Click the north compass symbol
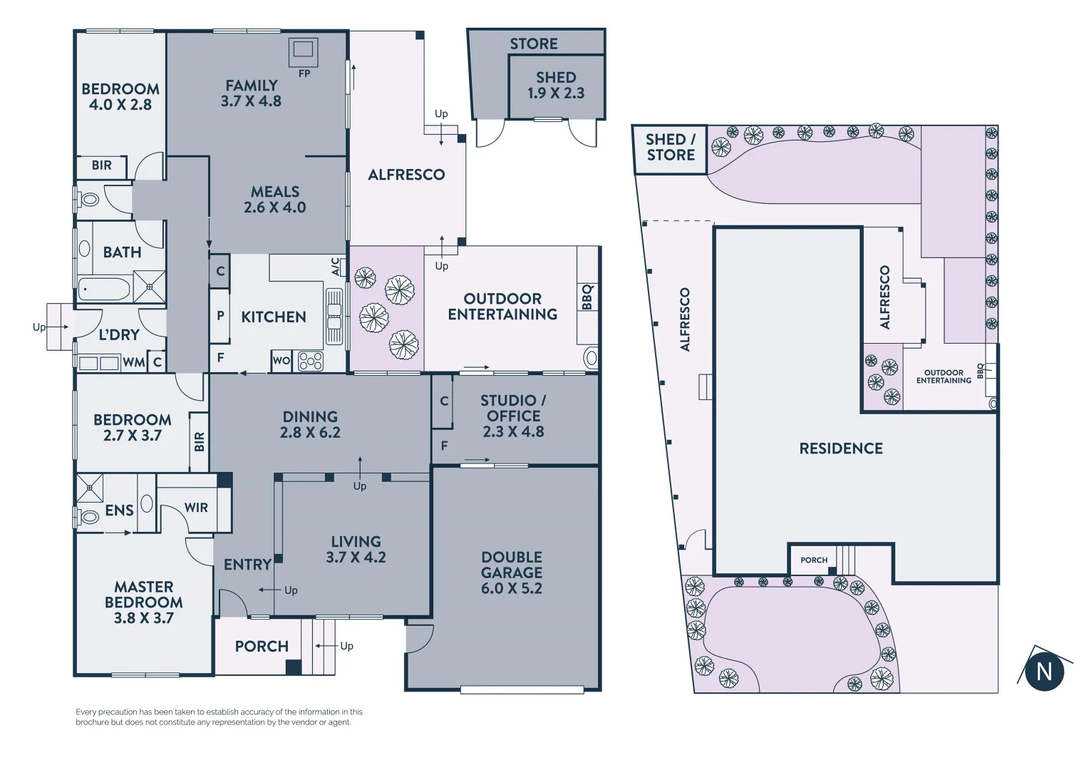(1043, 670)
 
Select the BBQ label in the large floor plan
(587, 297)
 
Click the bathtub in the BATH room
(104, 289)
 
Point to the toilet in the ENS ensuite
(88, 516)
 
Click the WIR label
(196, 508)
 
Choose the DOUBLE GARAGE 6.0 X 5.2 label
(511, 573)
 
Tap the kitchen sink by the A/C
(334, 317)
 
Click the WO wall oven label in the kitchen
(281, 361)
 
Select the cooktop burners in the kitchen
(311, 361)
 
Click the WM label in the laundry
(133, 362)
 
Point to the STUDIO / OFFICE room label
(513, 416)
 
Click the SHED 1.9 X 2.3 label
(556, 85)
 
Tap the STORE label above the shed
(534, 43)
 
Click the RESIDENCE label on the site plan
(841, 448)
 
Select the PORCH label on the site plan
(813, 560)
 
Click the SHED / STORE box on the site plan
(670, 148)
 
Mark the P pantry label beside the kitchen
(220, 316)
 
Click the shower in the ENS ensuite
(91, 488)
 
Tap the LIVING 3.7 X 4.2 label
(356, 549)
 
